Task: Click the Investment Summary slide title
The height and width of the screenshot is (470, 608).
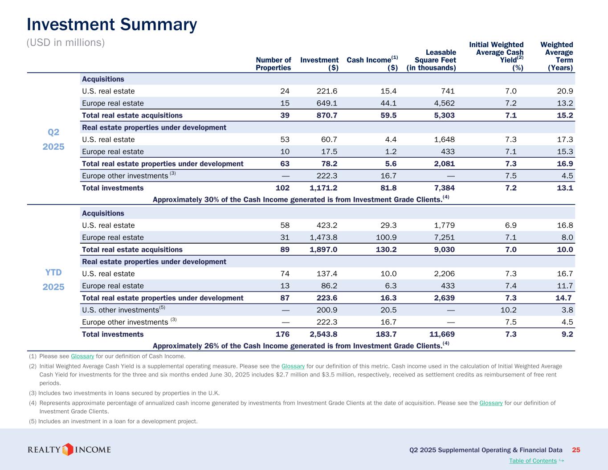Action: [112, 25]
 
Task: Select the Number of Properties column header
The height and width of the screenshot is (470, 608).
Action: [273, 64]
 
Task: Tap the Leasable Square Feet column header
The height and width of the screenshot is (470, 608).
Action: [431, 60]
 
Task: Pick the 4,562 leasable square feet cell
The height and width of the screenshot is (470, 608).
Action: [443, 103]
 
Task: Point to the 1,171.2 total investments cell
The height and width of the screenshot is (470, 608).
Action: [323, 188]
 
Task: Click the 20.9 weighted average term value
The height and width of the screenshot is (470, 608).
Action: [565, 91]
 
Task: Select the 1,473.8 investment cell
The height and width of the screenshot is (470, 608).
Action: [323, 237]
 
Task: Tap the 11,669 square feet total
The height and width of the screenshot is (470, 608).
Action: [441, 334]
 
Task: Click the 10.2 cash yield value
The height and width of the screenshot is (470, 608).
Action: [509, 310]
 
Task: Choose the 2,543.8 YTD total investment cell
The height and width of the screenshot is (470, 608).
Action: [323, 334]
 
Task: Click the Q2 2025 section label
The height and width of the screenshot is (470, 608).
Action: [53, 139]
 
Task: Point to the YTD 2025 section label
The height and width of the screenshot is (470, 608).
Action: [53, 280]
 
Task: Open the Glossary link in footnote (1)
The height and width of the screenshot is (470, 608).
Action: [82, 356]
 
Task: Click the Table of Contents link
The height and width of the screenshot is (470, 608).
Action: [533, 461]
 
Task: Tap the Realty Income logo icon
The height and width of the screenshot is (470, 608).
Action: [67, 449]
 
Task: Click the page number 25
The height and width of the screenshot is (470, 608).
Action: [576, 450]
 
